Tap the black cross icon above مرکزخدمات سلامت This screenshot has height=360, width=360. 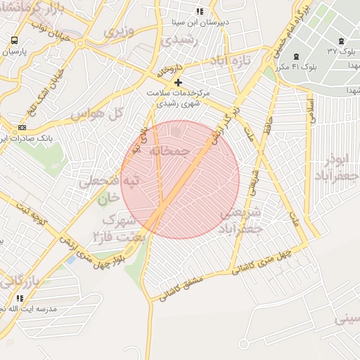tap(179, 83)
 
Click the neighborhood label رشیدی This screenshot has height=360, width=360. tap(176, 41)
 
